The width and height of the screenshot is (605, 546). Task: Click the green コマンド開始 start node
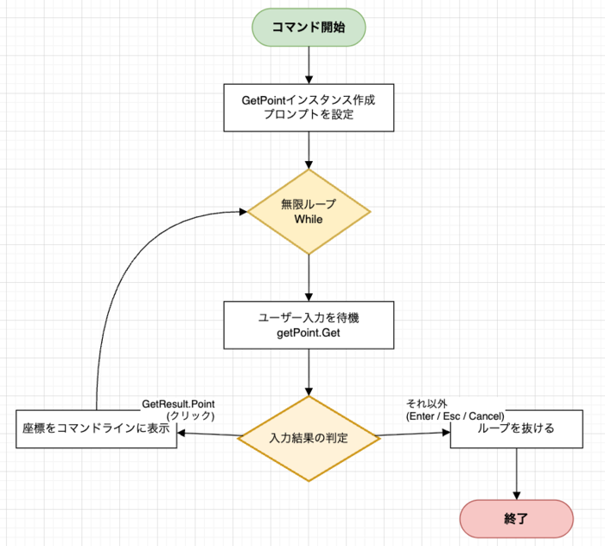pyautogui.click(x=309, y=27)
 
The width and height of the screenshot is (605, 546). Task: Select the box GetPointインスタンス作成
pyautogui.click(x=309, y=107)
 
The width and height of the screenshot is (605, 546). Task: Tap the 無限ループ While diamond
pyautogui.click(x=309, y=212)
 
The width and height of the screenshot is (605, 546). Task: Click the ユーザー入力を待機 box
pyautogui.click(x=309, y=326)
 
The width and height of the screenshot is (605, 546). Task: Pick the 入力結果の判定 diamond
pyautogui.click(x=309, y=438)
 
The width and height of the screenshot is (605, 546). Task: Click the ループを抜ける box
pyautogui.click(x=516, y=428)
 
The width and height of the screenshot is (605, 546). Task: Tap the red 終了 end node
pyautogui.click(x=516, y=519)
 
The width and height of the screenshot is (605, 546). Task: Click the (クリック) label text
pyautogui.click(x=191, y=416)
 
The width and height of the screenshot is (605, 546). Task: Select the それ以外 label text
pyautogui.click(x=426, y=404)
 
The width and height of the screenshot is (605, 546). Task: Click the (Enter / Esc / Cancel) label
pyautogui.click(x=455, y=416)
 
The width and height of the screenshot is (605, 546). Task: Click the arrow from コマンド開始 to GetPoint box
pyautogui.click(x=309, y=66)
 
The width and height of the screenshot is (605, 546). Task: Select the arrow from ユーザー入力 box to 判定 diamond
pyautogui.click(x=309, y=374)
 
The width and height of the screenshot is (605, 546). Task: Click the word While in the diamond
pyautogui.click(x=309, y=220)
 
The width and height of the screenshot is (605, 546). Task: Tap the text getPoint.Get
pyautogui.click(x=309, y=334)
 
